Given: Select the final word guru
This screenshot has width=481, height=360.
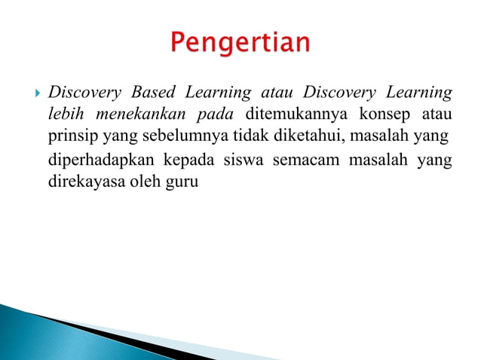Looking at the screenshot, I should point(181,183).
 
